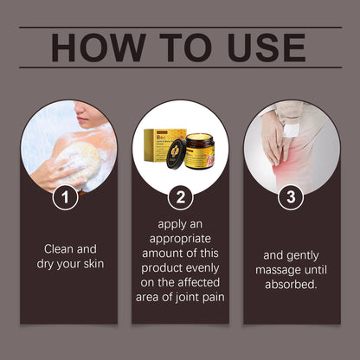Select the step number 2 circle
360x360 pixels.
[179, 198]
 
